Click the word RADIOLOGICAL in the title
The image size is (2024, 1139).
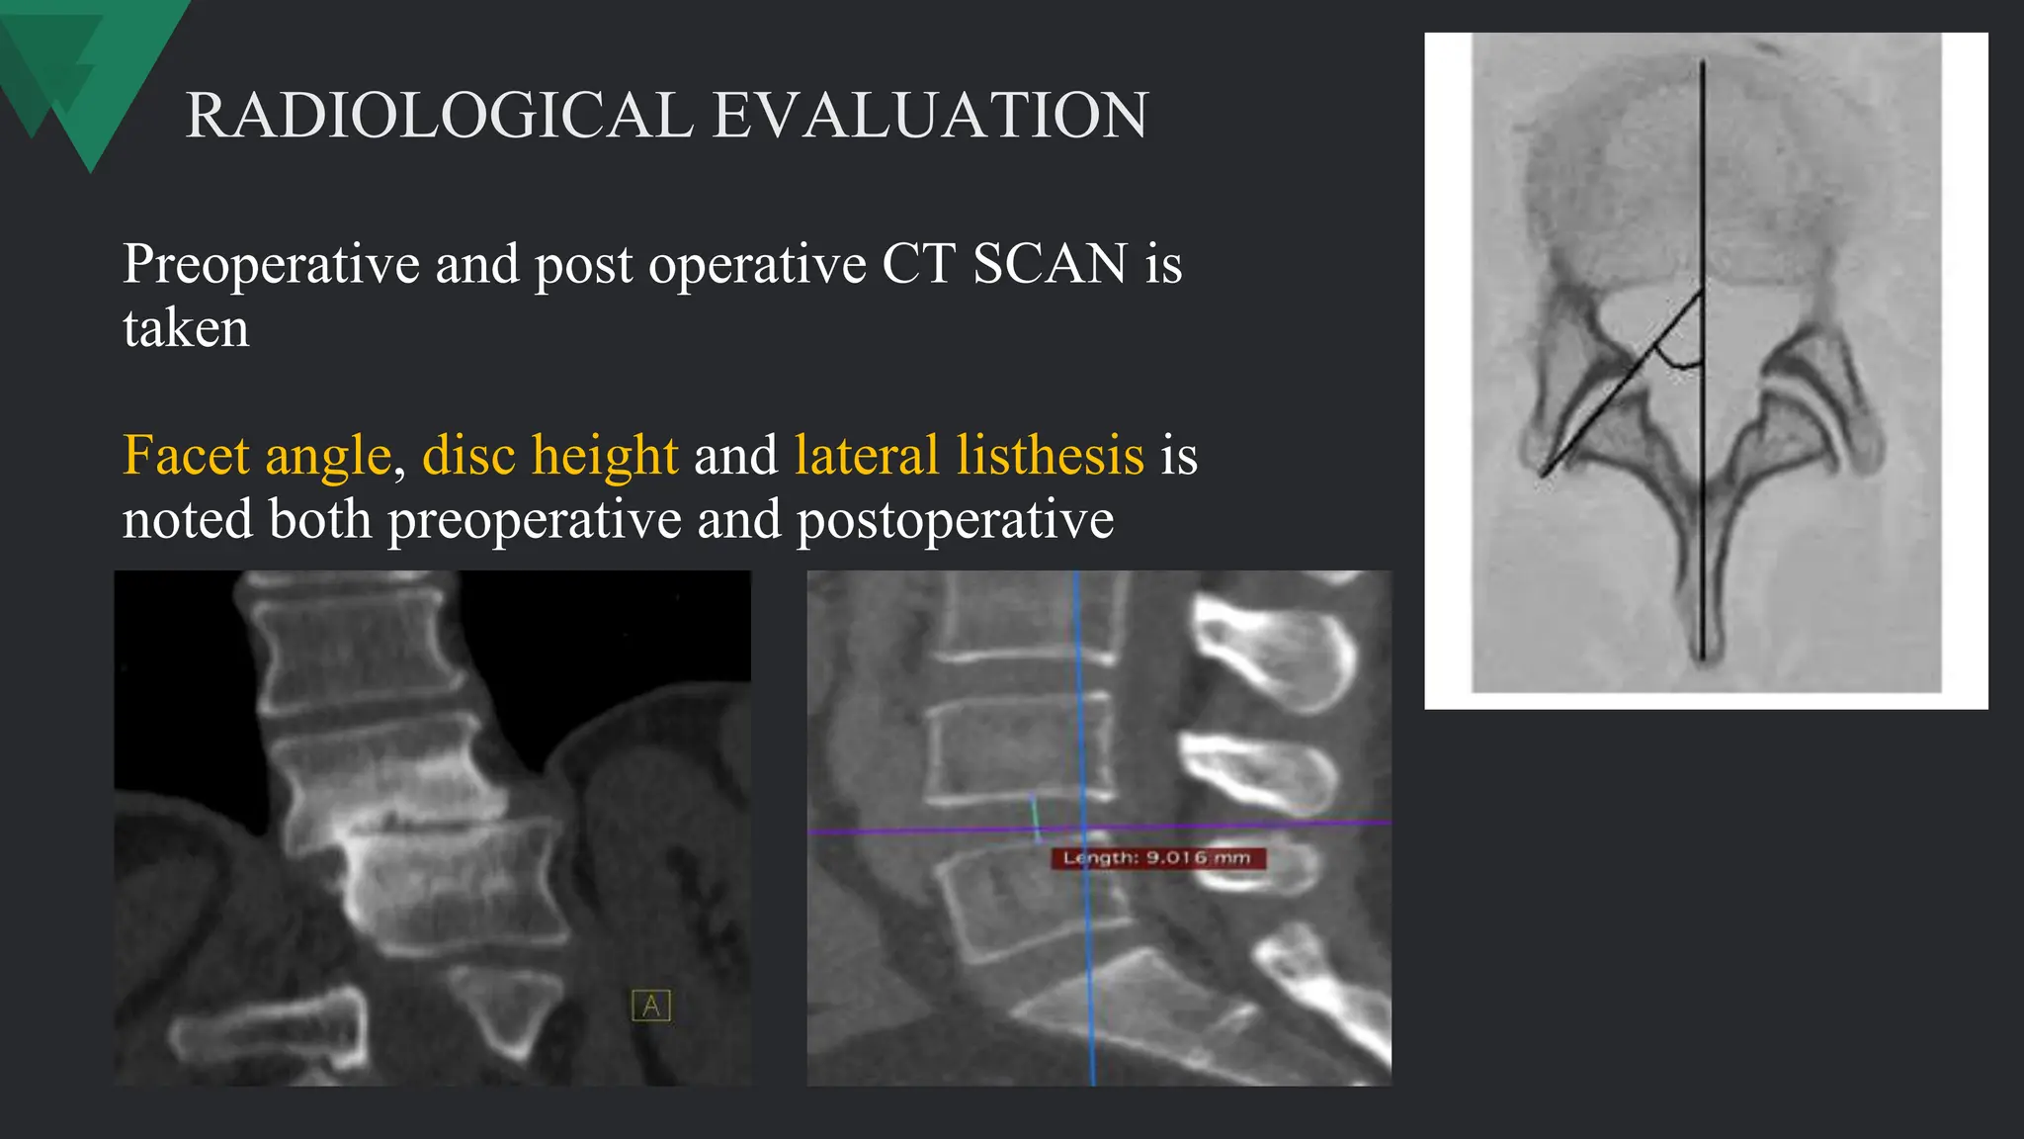(440, 116)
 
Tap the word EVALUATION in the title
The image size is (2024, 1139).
(930, 116)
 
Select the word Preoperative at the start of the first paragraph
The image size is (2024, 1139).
(271, 265)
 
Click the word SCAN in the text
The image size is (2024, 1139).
(1050, 264)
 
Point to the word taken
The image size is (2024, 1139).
(186, 328)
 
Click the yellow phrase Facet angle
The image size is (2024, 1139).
(257, 456)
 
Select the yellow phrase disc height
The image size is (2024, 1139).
(550, 456)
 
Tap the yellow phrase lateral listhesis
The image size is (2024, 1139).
(969, 456)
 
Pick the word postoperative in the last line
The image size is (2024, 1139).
(955, 520)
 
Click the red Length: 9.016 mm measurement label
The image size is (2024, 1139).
(1157, 858)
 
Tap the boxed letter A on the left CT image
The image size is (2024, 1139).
(650, 1006)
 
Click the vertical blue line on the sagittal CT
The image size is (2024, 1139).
(1078, 692)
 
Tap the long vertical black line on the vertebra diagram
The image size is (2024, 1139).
(1702, 198)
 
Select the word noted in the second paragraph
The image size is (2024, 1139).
(186, 520)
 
